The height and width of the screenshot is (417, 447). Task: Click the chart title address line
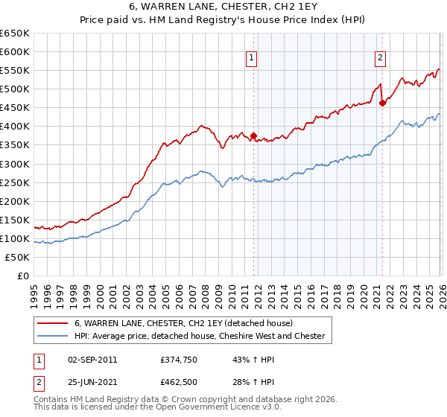[x=223, y=7]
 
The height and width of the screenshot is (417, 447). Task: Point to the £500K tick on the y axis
[x=15, y=89]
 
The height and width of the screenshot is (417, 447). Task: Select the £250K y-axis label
[x=15, y=182]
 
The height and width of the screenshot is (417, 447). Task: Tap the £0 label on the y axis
[x=22, y=276]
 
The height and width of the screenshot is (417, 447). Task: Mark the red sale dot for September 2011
[x=254, y=136]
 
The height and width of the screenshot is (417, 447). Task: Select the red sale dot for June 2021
[x=382, y=103]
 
